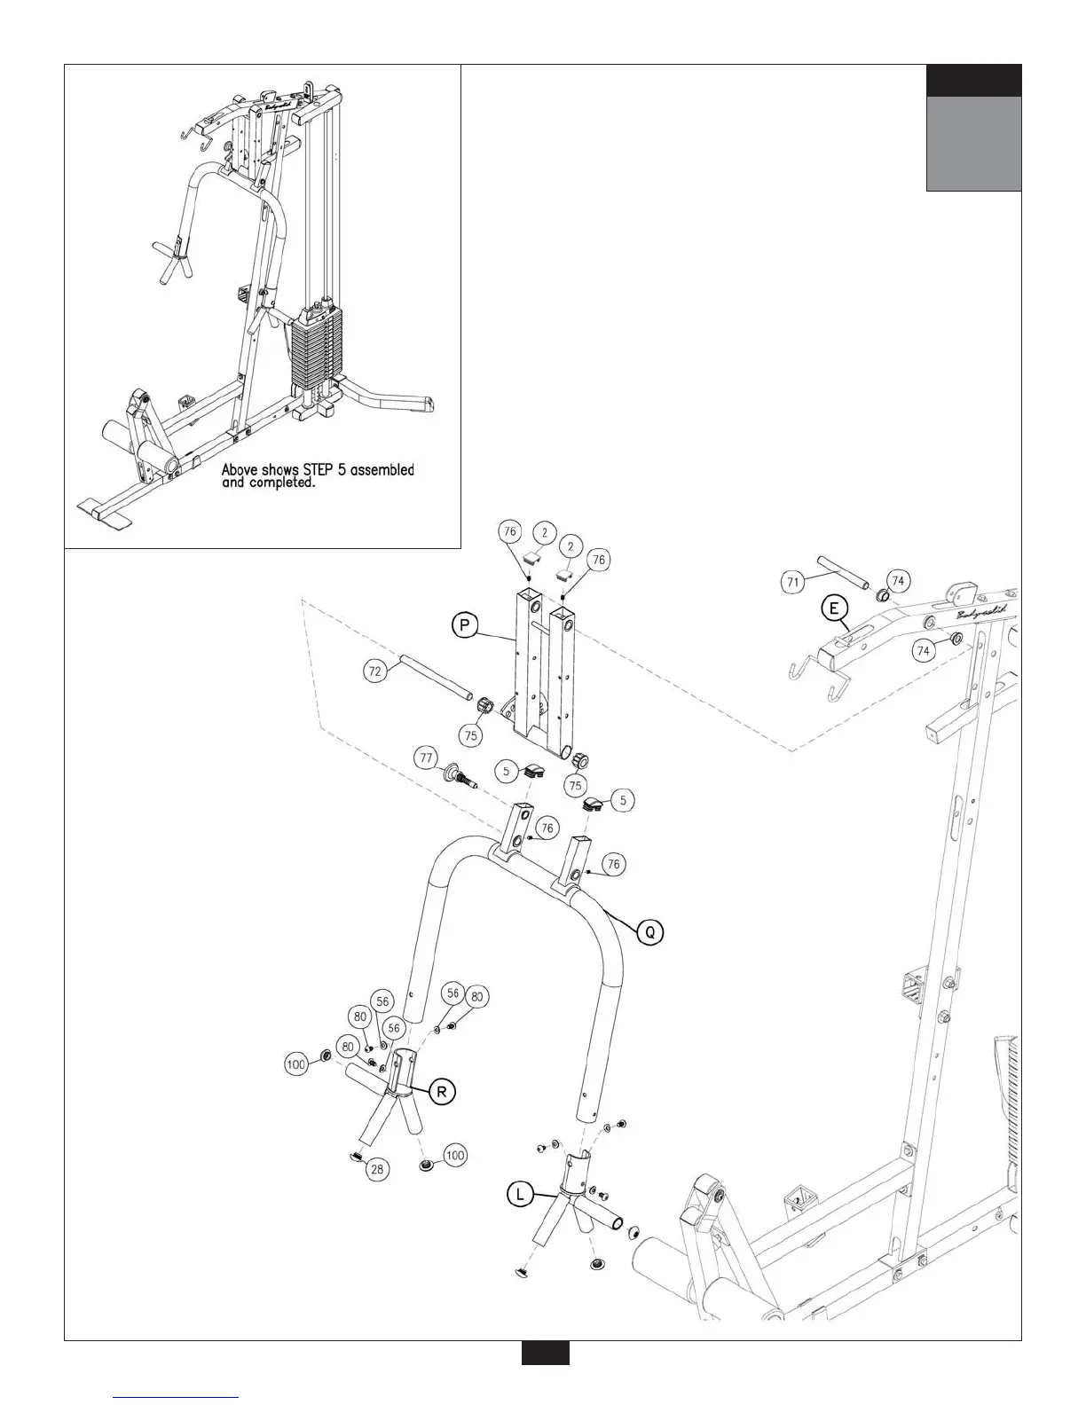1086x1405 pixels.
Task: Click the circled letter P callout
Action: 464,626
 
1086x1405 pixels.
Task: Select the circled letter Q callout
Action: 649,932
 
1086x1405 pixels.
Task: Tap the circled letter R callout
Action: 441,1092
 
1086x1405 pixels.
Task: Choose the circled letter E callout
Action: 833,608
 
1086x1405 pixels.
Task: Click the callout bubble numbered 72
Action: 375,671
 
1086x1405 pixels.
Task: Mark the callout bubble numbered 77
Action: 427,758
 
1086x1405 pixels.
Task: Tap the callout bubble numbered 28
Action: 378,1169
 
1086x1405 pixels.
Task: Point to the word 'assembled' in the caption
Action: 382,469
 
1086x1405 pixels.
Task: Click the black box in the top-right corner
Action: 973,81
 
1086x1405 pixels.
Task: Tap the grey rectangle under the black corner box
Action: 973,144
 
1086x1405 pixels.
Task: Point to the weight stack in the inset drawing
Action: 314,345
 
